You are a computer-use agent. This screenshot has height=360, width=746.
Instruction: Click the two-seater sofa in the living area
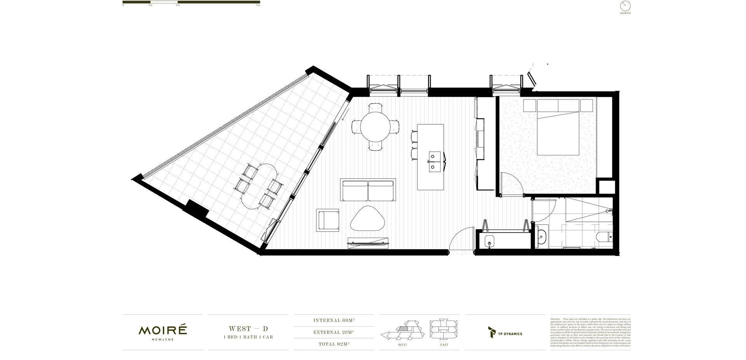[368, 190]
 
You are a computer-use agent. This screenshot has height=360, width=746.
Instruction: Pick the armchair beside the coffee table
[328, 220]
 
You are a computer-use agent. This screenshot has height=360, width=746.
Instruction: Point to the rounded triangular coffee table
[368, 219]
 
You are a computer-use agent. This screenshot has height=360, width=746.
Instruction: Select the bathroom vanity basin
[542, 236]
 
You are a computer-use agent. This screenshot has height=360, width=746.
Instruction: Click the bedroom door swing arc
[509, 183]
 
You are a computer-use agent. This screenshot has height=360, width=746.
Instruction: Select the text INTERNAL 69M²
[334, 321]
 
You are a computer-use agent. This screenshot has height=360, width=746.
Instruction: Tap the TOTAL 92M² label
[334, 344]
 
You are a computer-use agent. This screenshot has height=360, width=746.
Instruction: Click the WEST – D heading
[248, 329]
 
